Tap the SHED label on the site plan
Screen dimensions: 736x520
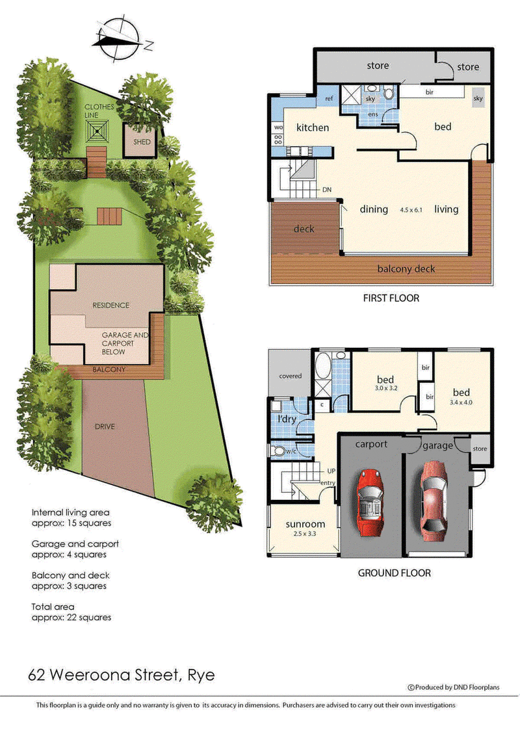[142, 142]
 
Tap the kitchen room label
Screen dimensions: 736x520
[313, 127]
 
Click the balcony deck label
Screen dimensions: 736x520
[406, 269]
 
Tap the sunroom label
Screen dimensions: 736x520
[305, 524]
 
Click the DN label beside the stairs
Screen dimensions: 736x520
[326, 191]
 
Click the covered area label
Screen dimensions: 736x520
[291, 376]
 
